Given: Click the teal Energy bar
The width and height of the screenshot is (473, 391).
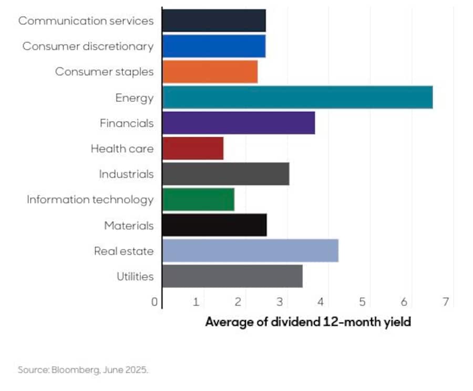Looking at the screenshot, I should point(297,97).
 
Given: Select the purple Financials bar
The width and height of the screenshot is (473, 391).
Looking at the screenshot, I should point(239,123).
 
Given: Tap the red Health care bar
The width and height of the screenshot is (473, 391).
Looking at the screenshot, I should point(193,148).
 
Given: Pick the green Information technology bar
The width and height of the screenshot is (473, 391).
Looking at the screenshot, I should point(198,199).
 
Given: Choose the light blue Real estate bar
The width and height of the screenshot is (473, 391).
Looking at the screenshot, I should point(250,250).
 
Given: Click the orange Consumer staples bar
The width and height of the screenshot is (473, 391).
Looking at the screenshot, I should point(210,72).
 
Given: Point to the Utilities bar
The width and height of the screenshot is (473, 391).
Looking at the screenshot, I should point(232,276).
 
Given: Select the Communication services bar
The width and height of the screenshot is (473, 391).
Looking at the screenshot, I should point(214,21).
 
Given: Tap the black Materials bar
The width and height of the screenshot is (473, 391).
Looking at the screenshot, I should point(214,225).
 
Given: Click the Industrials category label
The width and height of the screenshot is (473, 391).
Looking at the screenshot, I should point(126,174).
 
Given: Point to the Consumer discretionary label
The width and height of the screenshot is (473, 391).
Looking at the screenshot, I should point(88,46).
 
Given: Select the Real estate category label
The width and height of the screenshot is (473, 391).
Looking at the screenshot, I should point(124,251).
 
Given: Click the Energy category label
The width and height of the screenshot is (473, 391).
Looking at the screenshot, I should point(135,98).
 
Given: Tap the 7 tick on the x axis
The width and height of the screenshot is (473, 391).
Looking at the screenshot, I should point(446,302).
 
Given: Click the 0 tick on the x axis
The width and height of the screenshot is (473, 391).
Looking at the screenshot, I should point(155,302).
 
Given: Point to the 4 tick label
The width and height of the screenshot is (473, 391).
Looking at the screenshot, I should point(321,302).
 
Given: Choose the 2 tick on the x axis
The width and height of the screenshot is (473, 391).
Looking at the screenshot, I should point(238,302).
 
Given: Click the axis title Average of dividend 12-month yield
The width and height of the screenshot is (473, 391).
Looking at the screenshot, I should point(308,322).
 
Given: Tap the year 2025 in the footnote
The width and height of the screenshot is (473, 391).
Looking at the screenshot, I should point(136,370).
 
